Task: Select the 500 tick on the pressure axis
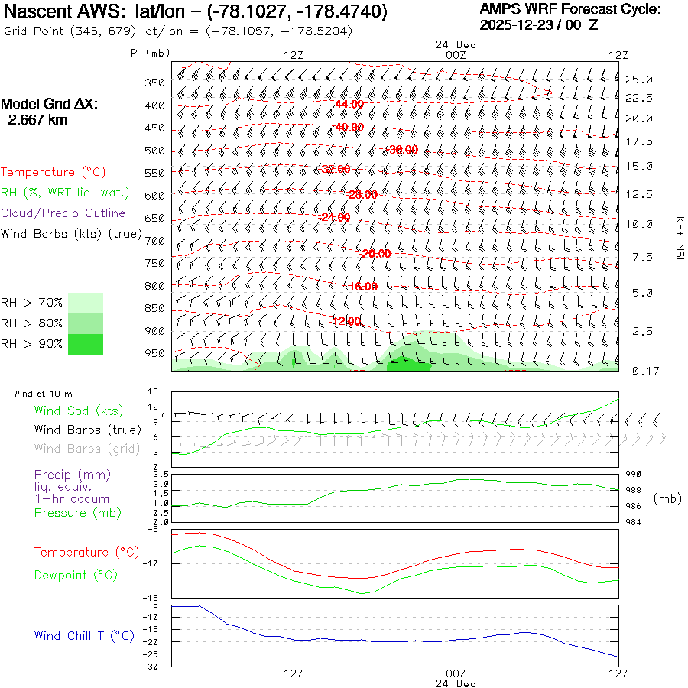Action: [155, 151]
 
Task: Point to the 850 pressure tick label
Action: [155, 308]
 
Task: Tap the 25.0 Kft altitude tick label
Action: [638, 80]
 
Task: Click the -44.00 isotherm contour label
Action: [349, 104]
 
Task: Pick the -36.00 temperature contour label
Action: [403, 150]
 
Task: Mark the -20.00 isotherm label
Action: [375, 253]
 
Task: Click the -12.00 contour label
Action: [346, 321]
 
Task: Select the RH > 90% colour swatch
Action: [86, 344]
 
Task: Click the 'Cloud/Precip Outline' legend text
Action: [63, 213]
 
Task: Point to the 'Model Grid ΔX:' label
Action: [50, 104]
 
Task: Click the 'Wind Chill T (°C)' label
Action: [84, 635]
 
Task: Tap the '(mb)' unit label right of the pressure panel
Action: [667, 498]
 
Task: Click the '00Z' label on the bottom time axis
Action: [456, 673]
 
